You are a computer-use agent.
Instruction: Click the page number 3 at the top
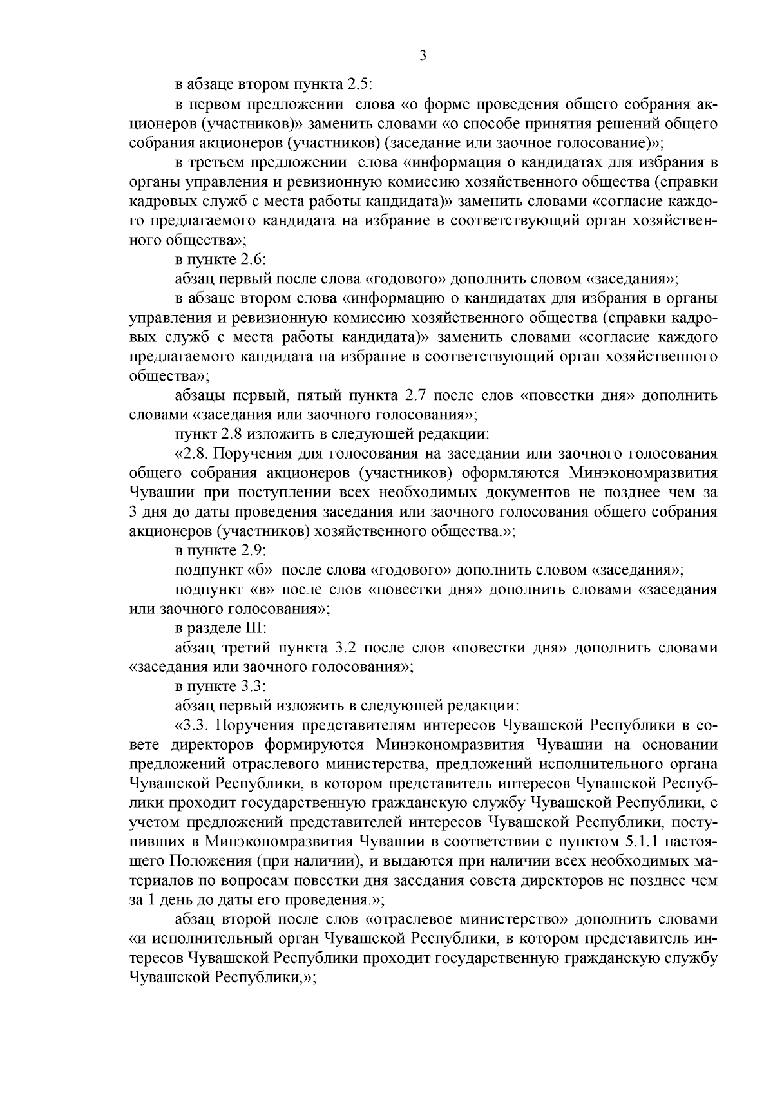tap(423, 55)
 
